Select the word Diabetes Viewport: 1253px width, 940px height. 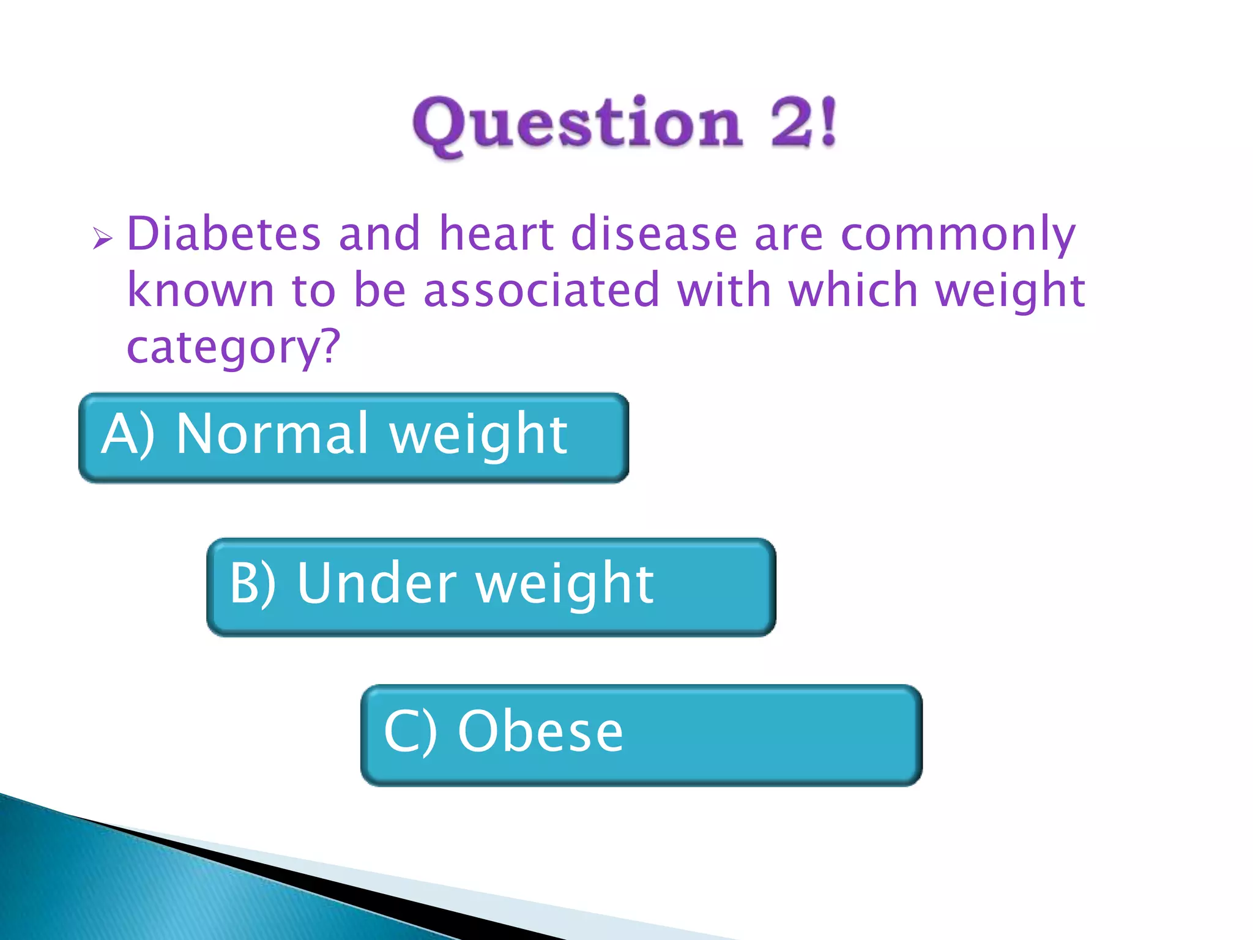224,234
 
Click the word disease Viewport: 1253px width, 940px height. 654,234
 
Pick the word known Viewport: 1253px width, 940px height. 201,291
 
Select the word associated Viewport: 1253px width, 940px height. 542,291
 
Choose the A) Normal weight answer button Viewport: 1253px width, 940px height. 354,438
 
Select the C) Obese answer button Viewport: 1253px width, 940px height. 641,735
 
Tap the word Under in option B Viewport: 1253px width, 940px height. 377,583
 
